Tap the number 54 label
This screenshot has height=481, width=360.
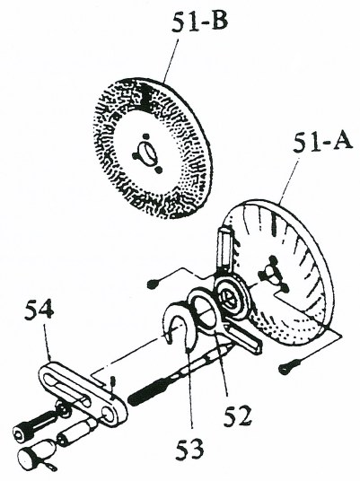pyautogui.click(x=40, y=310)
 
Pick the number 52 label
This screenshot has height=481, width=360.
pyautogui.click(x=237, y=416)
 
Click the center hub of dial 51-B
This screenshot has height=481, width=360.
pyautogui.click(x=146, y=153)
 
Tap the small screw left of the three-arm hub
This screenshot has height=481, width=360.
pyautogui.click(x=153, y=284)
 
